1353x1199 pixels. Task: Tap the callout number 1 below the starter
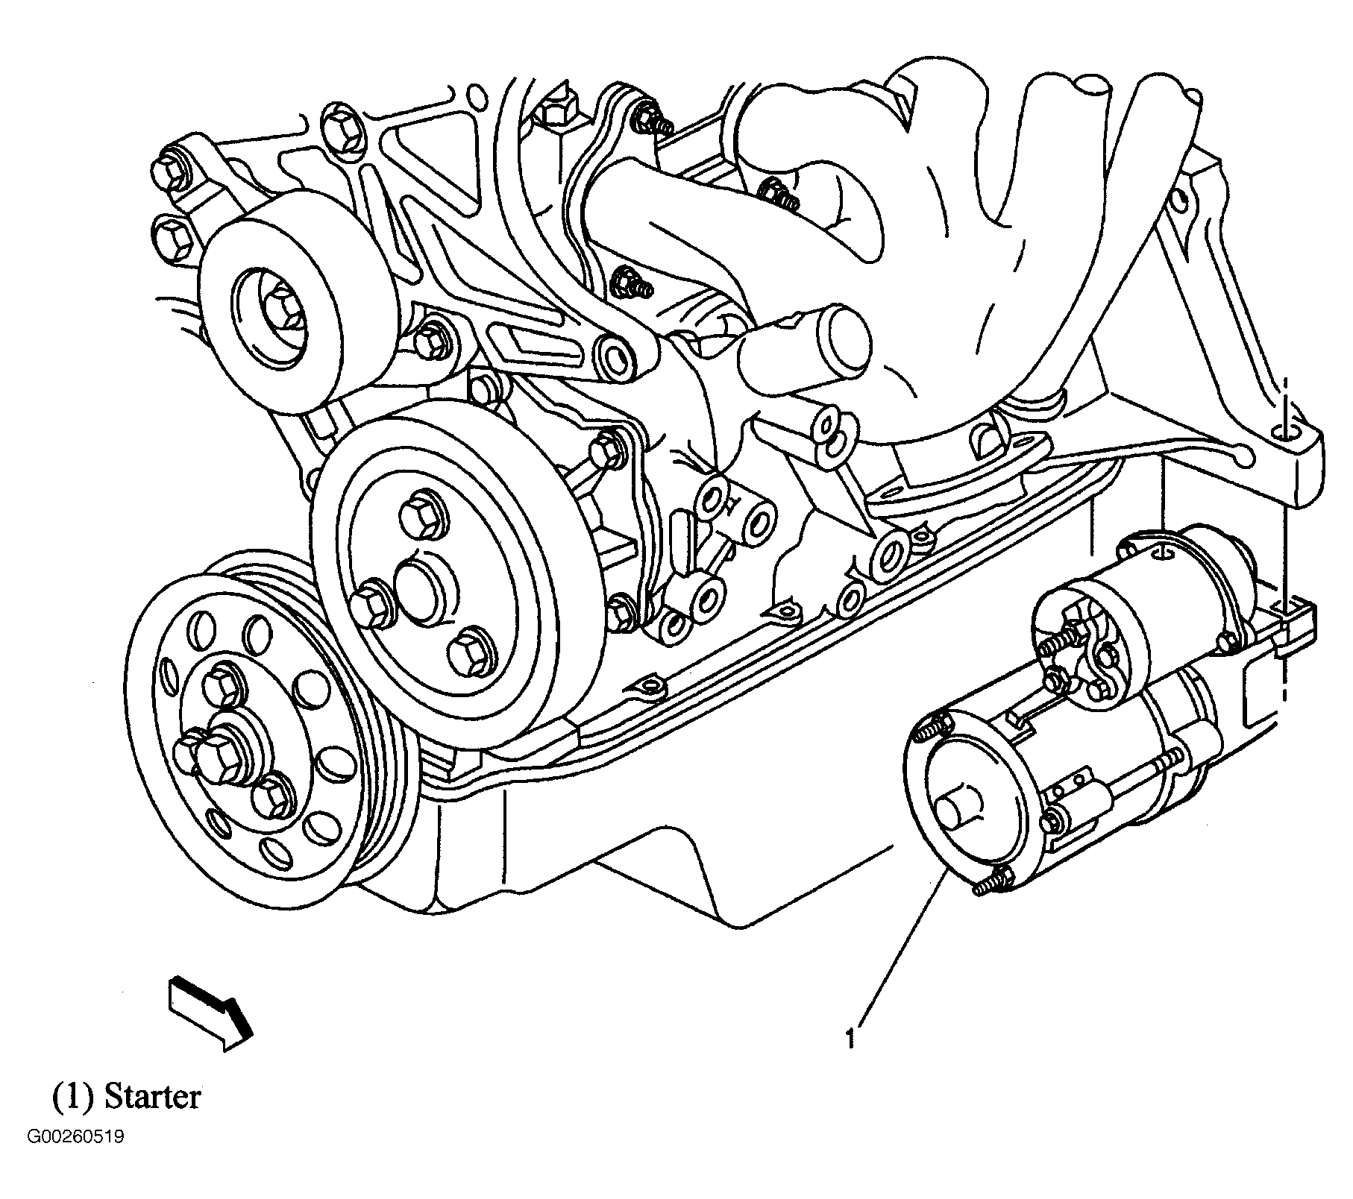click(x=849, y=1039)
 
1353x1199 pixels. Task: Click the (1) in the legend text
click(x=72, y=1095)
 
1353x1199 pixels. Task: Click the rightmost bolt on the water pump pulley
click(x=469, y=652)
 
